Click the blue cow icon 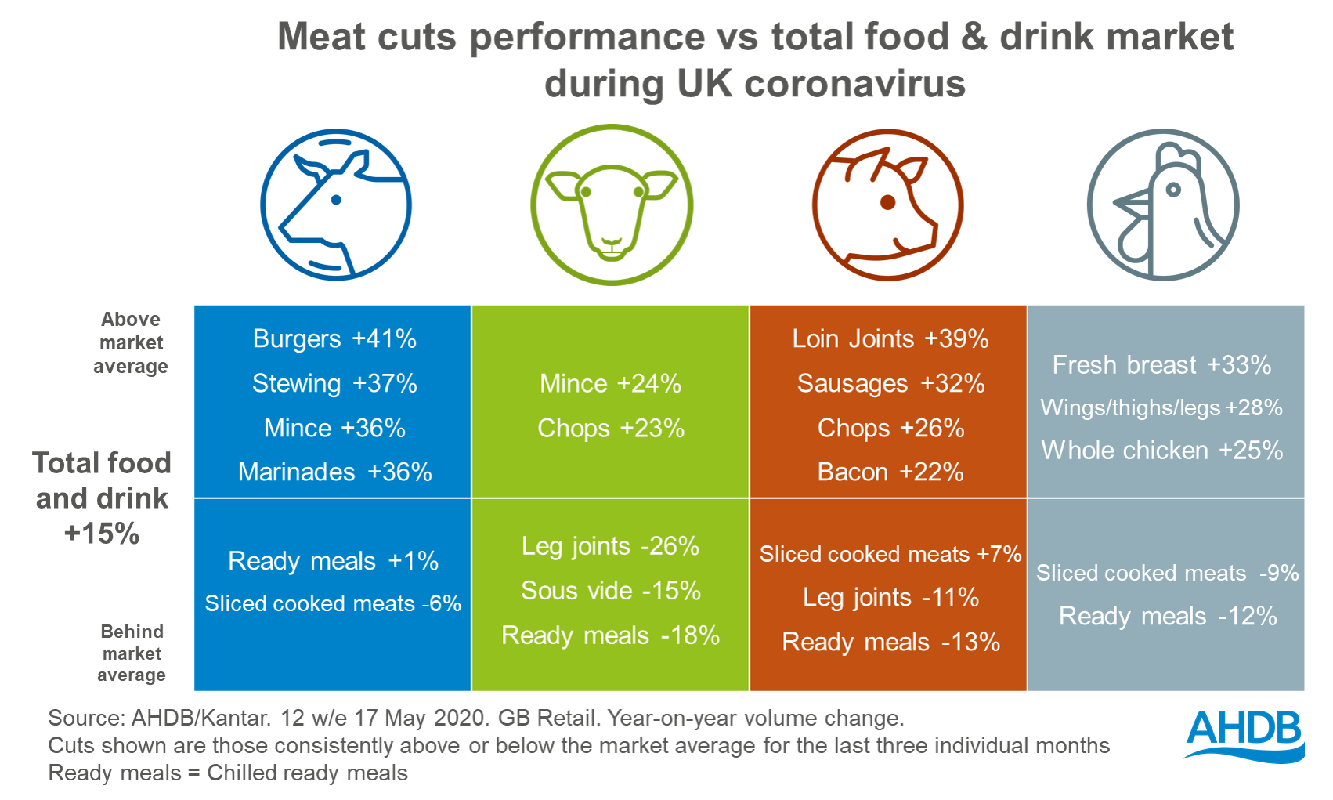[x=336, y=205]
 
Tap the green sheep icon [x=611, y=205]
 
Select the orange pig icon [x=887, y=205]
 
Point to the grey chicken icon [x=1162, y=205]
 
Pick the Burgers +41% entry [x=334, y=338]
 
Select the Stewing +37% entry [x=334, y=383]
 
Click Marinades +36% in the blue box [x=334, y=472]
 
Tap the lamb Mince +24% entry [x=610, y=383]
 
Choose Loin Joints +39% [x=890, y=338]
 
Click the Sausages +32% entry [x=890, y=383]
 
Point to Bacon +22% [x=890, y=472]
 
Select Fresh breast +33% [x=1161, y=364]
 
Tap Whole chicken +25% [x=1161, y=451]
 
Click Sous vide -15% [x=610, y=590]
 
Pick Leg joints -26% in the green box [x=610, y=545]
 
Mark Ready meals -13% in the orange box [x=890, y=642]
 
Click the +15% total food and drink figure [x=102, y=534]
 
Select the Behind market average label [x=132, y=653]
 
